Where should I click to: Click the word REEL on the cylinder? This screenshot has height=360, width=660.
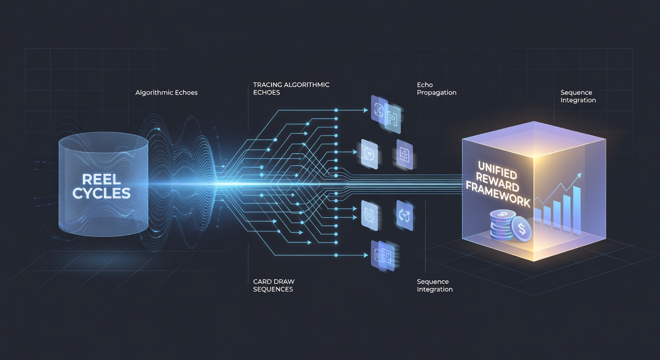pyautogui.click(x=101, y=179)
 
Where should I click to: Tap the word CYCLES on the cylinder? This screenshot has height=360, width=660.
pyautogui.click(x=101, y=193)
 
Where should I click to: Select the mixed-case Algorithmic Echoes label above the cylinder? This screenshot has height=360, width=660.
pyautogui.click(x=166, y=92)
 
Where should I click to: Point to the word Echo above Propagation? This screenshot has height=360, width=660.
pyautogui.click(x=425, y=85)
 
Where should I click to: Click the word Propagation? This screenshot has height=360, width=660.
pyautogui.click(x=437, y=93)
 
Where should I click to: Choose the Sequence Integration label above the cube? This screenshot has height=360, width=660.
pyautogui.click(x=578, y=97)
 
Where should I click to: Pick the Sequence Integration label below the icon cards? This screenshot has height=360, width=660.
pyautogui.click(x=435, y=285)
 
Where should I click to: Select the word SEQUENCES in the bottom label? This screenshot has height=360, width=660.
pyautogui.click(x=273, y=289)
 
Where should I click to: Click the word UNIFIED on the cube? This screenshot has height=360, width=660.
pyautogui.click(x=497, y=170)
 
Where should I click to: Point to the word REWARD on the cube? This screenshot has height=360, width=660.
pyautogui.click(x=497, y=182)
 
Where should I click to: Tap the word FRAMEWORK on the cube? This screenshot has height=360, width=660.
pyautogui.click(x=498, y=195)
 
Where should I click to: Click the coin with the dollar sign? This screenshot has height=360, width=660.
pyautogui.click(x=521, y=229)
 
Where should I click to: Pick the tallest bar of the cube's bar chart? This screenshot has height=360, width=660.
pyautogui.click(x=577, y=210)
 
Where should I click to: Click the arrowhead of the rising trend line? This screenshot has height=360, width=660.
pyautogui.click(x=579, y=176)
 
